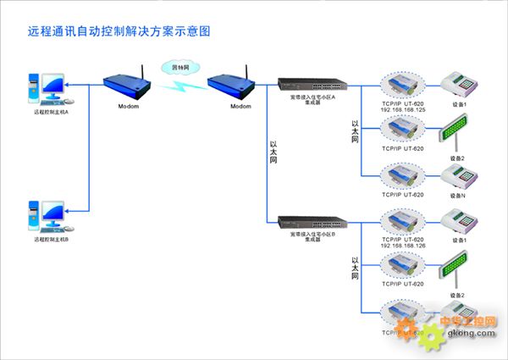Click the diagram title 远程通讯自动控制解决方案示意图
(119, 31)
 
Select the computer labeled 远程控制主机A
(47, 87)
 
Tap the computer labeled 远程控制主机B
(47, 211)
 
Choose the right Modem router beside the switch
(229, 82)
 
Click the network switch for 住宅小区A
(312, 86)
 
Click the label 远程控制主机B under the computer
(51, 241)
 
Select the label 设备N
(458, 196)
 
